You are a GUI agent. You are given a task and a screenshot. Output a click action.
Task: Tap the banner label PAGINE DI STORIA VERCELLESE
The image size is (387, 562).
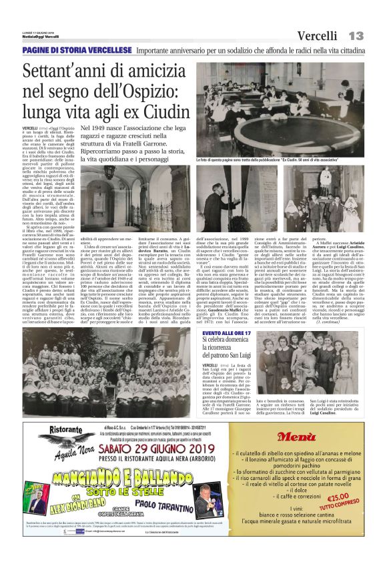76,51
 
